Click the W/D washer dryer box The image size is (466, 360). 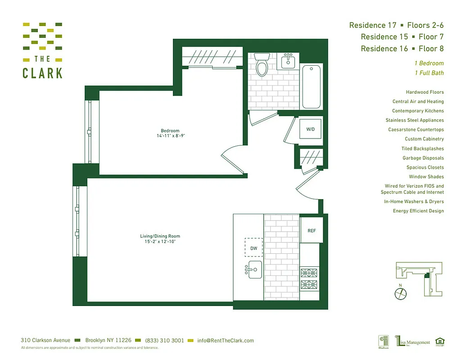[x=311, y=129]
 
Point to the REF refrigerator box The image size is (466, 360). [x=312, y=230]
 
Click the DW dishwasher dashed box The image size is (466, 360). [x=253, y=247]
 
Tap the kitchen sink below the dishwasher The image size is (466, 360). [x=254, y=269]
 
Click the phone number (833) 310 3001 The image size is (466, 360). [x=165, y=341]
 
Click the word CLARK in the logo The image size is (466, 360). [x=42, y=73]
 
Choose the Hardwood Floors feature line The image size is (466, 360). [x=425, y=92]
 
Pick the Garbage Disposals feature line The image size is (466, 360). [x=423, y=158]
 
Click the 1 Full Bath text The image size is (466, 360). [x=429, y=73]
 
